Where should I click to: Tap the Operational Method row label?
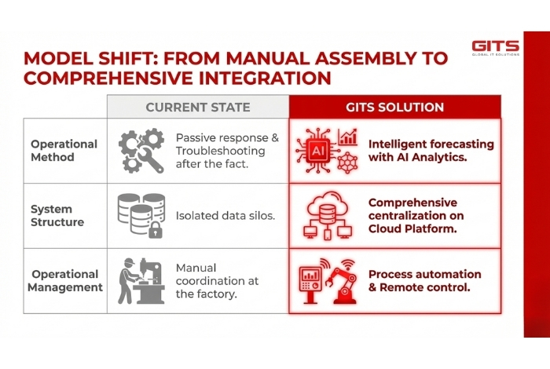pyautogui.click(x=64, y=151)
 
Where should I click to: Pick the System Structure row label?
pyautogui.click(x=53, y=216)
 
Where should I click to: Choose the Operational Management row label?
pyautogui.click(x=65, y=280)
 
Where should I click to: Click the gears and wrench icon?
pyautogui.click(x=141, y=151)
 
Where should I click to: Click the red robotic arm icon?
pyautogui.click(x=346, y=280)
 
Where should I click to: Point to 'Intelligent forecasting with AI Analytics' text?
pyautogui.click(x=431, y=151)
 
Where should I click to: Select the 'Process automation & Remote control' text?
pyautogui.click(x=424, y=280)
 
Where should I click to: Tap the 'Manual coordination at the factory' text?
pyautogui.click(x=217, y=280)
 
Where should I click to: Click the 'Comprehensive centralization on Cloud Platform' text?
pyautogui.click(x=416, y=216)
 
